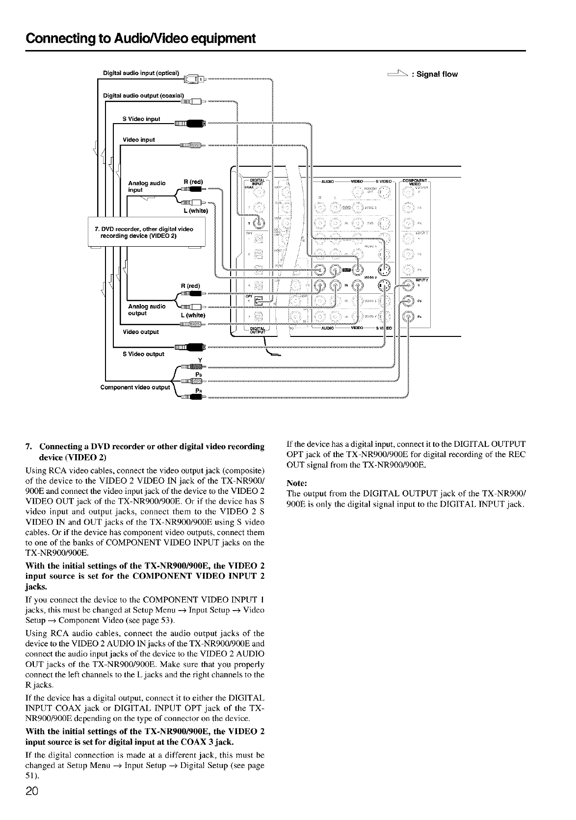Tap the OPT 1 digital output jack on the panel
click(259, 300)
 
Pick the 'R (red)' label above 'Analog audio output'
click(190, 285)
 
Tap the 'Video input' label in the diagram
click(139, 140)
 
